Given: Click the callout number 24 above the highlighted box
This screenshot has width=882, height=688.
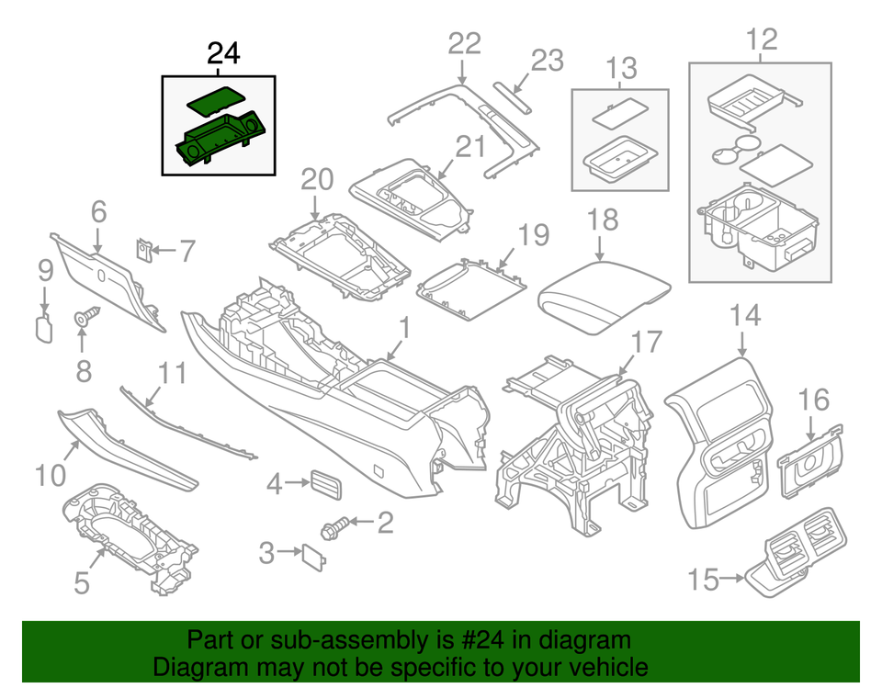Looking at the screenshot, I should point(223,54).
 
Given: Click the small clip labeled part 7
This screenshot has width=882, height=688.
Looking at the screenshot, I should point(144,249).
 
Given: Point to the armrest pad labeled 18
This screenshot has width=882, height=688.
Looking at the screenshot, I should point(605,294).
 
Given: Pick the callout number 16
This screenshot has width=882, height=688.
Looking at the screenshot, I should point(813,400).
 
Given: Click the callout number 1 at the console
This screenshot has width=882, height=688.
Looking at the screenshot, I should point(403,326).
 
